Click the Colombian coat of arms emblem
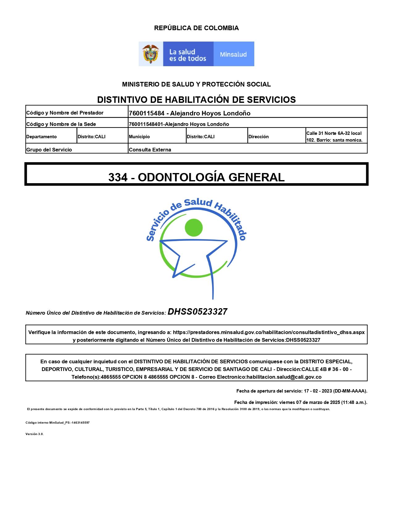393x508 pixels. point(150,54)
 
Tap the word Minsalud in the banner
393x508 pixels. point(233,54)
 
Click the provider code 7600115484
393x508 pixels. point(146,113)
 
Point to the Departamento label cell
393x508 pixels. point(42,137)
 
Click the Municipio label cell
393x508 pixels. point(139,137)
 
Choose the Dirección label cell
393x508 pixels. point(259,137)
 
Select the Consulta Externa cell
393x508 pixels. point(150,150)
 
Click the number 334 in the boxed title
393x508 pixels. point(118,177)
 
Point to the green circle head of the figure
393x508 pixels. point(194,228)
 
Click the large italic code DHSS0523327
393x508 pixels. point(197,312)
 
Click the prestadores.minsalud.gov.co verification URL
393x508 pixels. point(268,333)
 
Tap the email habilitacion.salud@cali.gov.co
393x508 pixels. point(284,377)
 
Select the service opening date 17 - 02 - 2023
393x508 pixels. point(318,391)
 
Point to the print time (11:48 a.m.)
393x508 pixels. point(354,402)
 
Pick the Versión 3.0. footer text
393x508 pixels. point(35,434)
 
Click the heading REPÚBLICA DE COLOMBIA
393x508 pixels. point(196,28)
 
